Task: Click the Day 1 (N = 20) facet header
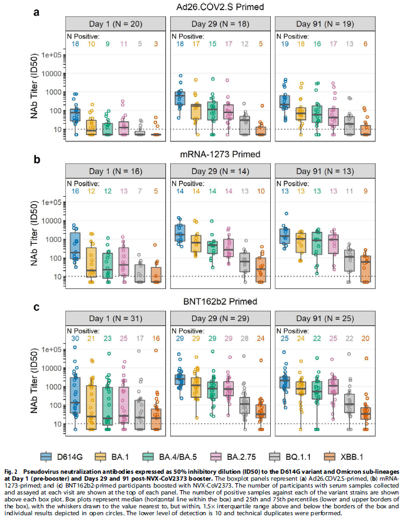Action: click(x=117, y=22)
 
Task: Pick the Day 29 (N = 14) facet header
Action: click(x=221, y=170)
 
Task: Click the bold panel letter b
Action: click(x=37, y=160)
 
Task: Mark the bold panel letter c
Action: click(x=37, y=308)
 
